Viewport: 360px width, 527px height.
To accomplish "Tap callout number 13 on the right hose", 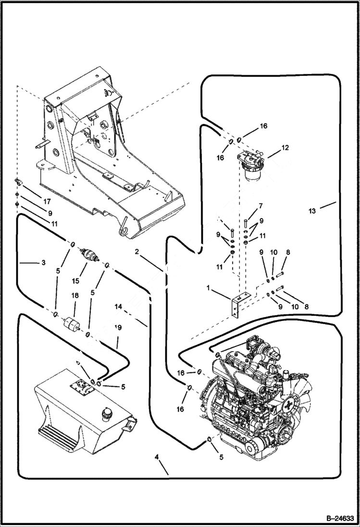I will point(312,210).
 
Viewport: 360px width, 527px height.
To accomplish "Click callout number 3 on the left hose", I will point(43,263).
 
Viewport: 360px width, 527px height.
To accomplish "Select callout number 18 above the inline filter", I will point(75,297).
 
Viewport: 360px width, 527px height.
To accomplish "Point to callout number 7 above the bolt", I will point(260,206).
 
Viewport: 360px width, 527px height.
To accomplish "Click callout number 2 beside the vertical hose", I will point(137,251).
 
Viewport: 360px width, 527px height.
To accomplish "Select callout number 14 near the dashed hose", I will point(119,306).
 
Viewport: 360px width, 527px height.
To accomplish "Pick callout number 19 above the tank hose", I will point(118,328).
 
